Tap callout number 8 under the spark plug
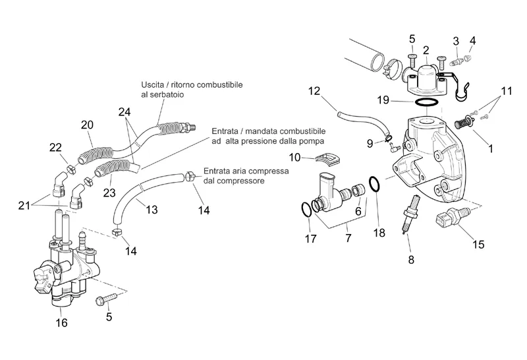411,259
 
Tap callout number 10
294,157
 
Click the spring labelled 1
466,122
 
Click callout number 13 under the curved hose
152,210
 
